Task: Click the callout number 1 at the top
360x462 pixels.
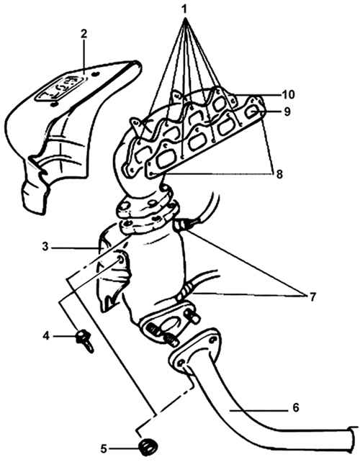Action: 184,9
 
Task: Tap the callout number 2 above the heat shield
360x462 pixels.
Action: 84,34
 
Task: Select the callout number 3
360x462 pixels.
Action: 45,247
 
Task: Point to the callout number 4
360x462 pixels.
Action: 45,335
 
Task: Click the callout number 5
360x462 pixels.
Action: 104,449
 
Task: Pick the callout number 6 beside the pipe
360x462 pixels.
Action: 296,407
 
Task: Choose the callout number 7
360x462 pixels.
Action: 312,296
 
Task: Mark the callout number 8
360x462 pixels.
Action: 279,174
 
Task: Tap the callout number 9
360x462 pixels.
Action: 287,112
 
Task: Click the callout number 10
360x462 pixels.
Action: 288,95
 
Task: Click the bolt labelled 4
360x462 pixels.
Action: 85,340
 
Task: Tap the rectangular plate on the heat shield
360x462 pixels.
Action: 61,88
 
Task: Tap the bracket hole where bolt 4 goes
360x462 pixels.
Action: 121,260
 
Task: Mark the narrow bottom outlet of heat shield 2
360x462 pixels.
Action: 35,196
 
